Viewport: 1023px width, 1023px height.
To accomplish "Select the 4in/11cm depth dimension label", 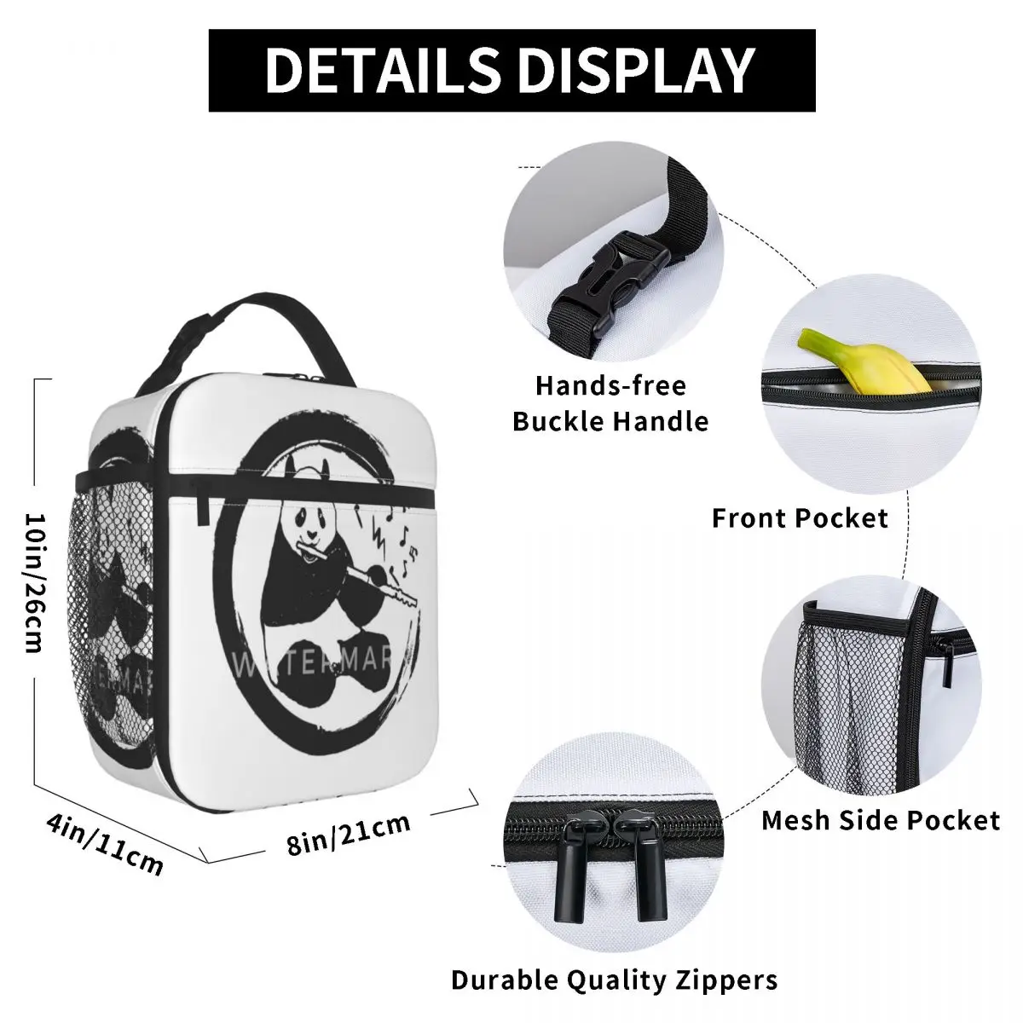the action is pos(103,844).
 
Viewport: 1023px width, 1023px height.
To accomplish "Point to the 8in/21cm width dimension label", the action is pos(350,833).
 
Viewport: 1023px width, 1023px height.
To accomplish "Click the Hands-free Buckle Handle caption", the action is pos(610,403).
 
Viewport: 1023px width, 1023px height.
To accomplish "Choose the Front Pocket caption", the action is pos(800,517).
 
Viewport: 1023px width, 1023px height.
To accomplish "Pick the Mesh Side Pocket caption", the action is pos(880,820).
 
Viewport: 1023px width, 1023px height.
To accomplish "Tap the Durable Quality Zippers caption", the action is pos(615,979).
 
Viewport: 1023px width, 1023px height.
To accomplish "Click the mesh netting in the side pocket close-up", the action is pos(840,691).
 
